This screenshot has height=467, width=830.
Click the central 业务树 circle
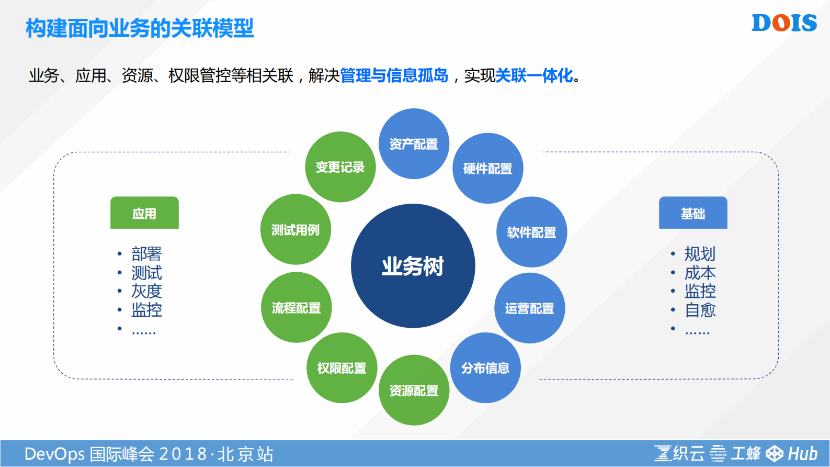click(413, 266)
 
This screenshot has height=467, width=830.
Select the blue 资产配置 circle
click(414, 144)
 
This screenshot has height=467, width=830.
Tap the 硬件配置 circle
click(487, 169)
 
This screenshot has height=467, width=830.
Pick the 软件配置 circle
click(531, 232)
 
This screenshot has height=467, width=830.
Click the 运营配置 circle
click(529, 308)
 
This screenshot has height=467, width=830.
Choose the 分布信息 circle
click(485, 368)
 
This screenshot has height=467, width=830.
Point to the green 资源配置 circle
click(414, 391)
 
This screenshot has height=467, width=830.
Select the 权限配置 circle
click(342, 368)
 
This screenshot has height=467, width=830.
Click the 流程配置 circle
click(296, 308)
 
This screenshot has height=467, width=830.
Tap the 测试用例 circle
click(295, 230)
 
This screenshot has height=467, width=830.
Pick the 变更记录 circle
click(340, 167)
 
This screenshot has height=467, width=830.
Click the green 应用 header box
click(144, 213)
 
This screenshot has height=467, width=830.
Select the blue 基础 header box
click(693, 213)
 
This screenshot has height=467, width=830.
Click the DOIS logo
click(784, 23)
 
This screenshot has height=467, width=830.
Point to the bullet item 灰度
click(146, 291)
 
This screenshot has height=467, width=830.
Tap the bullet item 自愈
click(700, 310)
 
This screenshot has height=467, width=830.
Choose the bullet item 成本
click(700, 273)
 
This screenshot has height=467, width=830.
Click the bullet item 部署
click(146, 254)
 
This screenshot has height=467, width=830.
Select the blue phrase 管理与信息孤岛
click(394, 75)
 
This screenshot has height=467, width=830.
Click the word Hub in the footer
click(802, 453)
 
